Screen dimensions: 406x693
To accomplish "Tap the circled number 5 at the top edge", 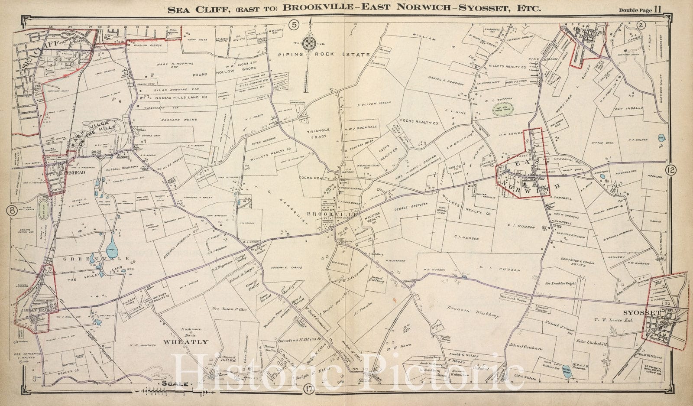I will click(x=294, y=25).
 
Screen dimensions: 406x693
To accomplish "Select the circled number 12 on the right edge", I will click(x=671, y=170).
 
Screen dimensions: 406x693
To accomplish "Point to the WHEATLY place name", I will click(x=185, y=342).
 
